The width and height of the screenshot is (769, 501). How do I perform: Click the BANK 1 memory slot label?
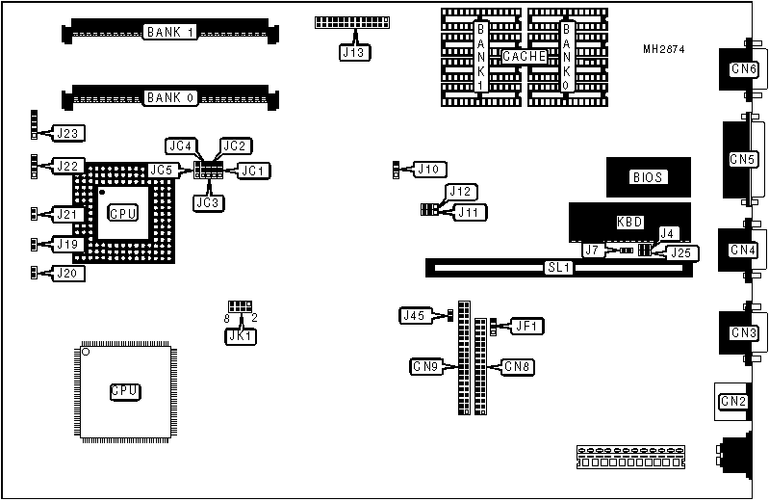[170, 33]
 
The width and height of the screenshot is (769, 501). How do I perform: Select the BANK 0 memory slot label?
[170, 97]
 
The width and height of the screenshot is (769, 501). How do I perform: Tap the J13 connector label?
[353, 53]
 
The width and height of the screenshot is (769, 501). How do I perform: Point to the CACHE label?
[525, 57]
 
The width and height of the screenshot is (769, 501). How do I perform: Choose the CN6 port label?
[743, 69]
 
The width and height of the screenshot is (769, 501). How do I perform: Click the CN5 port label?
[743, 159]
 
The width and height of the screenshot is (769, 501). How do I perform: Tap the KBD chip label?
[629, 222]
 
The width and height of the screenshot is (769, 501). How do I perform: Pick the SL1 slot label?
[559, 268]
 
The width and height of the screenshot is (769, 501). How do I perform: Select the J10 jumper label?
[428, 170]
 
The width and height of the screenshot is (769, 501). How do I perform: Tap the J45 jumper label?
[414, 315]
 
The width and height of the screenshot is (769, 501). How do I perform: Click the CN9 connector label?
[426, 366]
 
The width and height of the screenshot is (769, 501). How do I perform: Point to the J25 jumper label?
[681, 253]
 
